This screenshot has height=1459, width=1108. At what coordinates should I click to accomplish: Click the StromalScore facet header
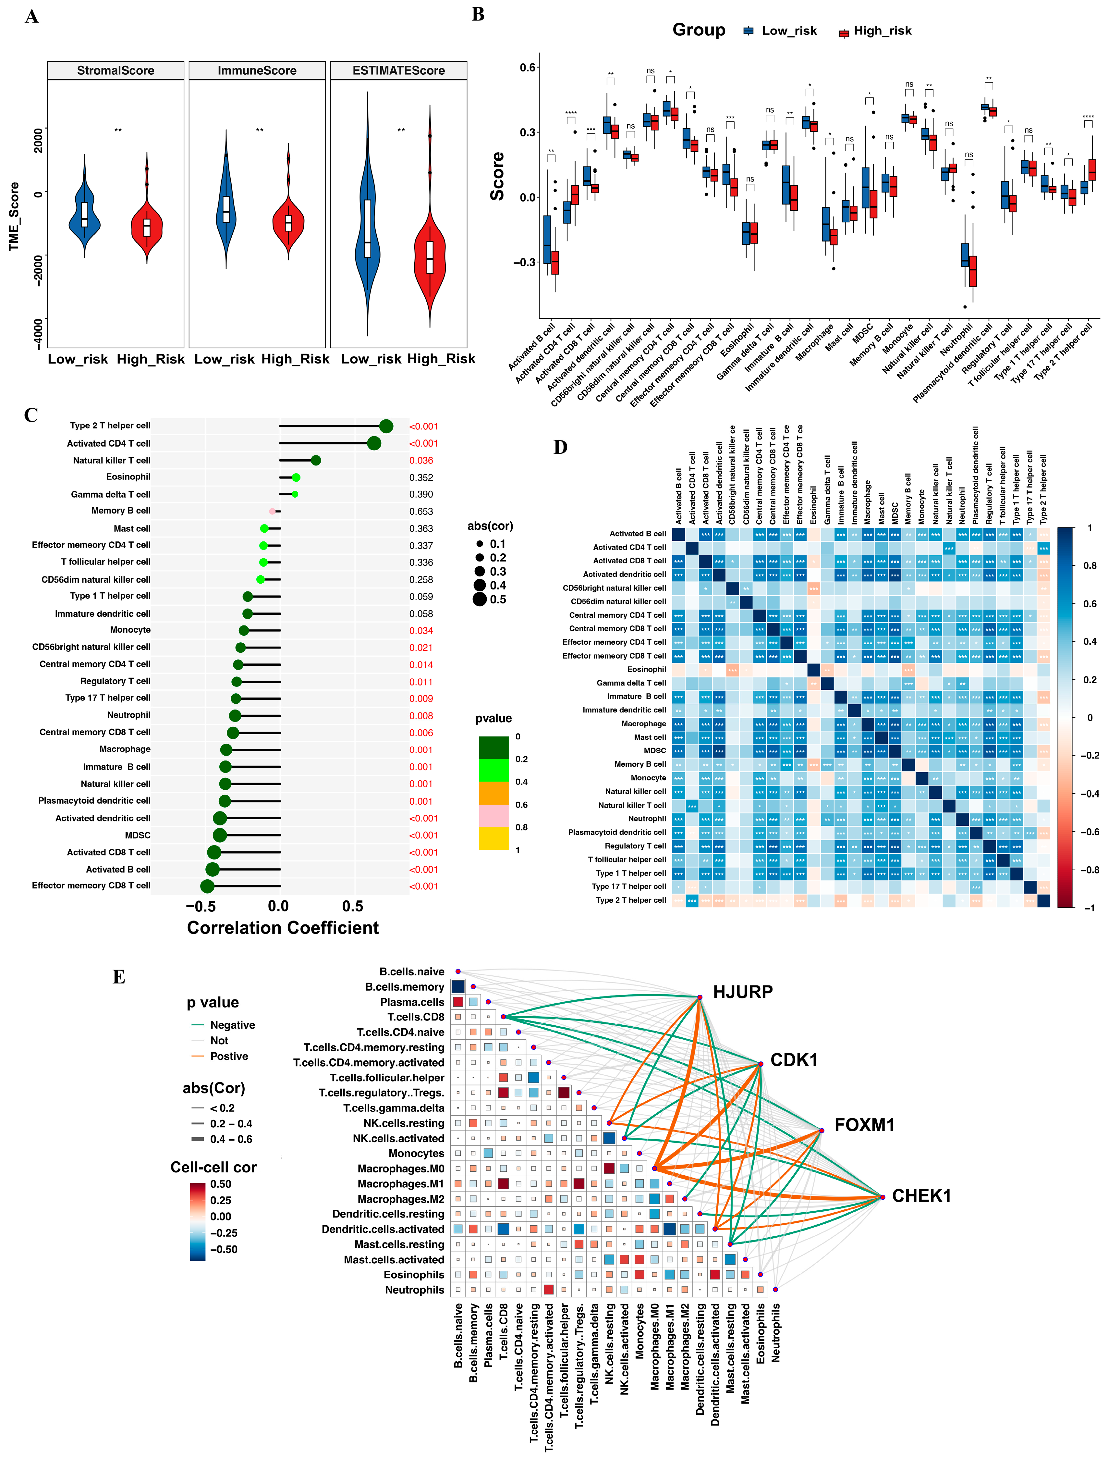point(116,71)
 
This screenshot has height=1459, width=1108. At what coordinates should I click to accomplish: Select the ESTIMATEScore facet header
point(398,71)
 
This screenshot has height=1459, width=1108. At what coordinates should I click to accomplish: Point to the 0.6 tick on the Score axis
point(528,67)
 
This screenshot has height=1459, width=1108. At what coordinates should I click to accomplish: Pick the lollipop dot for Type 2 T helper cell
point(386,426)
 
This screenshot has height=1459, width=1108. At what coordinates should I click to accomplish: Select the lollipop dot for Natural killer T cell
point(316,461)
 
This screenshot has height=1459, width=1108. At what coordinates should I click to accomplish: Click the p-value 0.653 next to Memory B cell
point(421,512)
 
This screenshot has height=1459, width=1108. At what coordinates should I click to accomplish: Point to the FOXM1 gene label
point(864,1125)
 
